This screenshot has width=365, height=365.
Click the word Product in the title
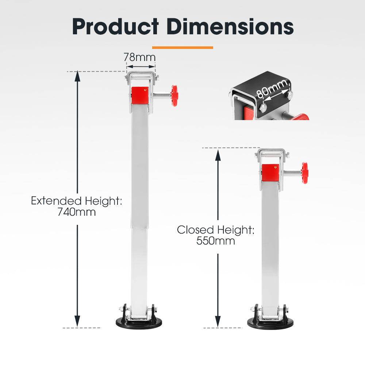[115, 26]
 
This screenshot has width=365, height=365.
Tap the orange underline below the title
[182, 47]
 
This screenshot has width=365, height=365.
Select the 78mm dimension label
[139, 57]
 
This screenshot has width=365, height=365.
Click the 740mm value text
[77, 212]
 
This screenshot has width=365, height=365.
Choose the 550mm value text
[216, 241]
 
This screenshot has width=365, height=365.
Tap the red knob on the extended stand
[175, 96]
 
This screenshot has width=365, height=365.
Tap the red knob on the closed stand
[305, 173]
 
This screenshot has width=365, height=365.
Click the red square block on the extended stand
[140, 95]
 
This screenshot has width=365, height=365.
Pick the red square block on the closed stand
[270, 172]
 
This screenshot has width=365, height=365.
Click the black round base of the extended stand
[136, 322]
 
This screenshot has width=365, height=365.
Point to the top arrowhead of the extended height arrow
[77, 75]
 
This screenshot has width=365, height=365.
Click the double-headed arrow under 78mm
[141, 66]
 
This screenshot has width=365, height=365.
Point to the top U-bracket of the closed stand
[272, 153]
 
